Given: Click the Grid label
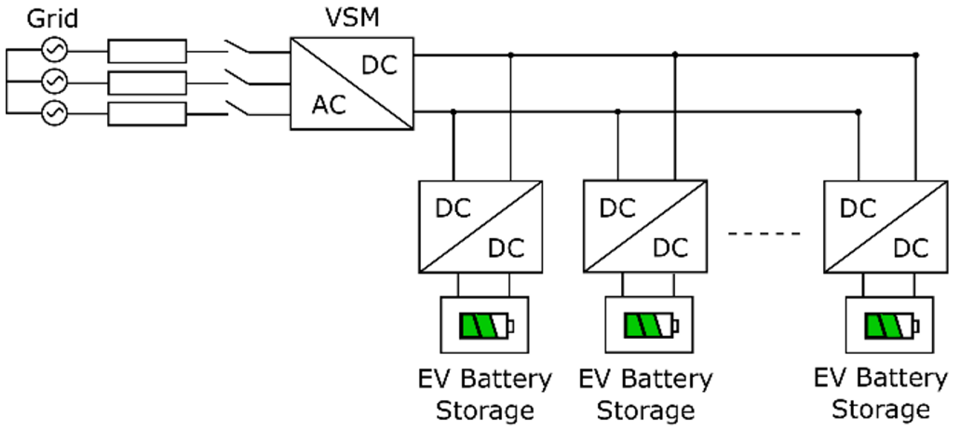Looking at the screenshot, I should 52,19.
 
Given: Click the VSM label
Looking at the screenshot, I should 352,17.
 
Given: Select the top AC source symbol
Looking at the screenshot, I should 54,50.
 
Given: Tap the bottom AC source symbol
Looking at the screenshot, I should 54,113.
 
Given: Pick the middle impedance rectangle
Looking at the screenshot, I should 147,83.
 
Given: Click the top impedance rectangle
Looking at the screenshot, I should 147,51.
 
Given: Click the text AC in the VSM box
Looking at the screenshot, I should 329,105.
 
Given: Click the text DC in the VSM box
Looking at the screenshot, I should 379,65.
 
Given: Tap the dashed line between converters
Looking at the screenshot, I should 764,234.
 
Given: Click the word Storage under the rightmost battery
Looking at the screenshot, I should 881,410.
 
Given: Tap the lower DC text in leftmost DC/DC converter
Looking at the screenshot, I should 506,248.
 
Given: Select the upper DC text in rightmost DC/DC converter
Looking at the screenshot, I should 858,208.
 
